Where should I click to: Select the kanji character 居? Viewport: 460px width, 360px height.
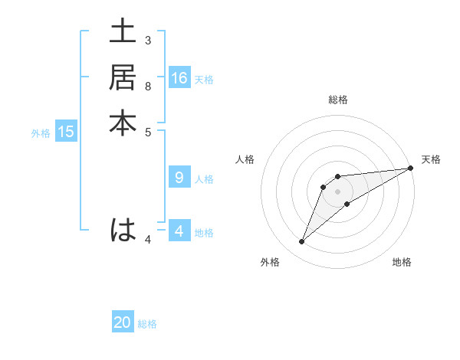[123, 77]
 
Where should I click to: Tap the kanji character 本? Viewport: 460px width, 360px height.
[123, 123]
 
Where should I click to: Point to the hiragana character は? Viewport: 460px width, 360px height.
[123, 230]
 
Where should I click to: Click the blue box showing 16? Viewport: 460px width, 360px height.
[179, 78]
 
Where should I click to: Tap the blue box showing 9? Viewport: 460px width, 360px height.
[179, 178]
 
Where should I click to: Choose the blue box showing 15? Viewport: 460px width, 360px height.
[66, 132]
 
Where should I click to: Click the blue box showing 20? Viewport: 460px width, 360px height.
[123, 322]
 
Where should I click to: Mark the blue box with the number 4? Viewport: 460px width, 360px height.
[179, 231]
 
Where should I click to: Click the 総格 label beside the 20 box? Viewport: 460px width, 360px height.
[147, 324]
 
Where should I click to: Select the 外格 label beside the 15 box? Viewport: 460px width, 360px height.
[41, 133]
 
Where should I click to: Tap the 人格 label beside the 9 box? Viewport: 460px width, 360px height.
[204, 179]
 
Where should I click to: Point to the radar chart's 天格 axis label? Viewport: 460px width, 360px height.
[431, 159]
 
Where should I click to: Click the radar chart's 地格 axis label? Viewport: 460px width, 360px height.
[402, 262]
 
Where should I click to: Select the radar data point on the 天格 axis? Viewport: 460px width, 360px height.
[410, 168]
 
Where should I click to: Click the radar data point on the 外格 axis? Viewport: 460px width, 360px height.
[301, 242]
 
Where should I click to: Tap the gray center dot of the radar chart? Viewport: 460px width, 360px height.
[337, 191]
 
